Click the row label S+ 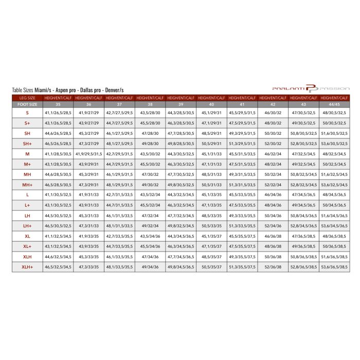tap(27, 123)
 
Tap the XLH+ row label tap(27, 267)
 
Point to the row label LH tap(27, 215)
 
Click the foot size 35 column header tap(58, 104)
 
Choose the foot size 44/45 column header tap(334, 104)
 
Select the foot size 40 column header tap(211, 104)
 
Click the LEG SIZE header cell tap(27, 97)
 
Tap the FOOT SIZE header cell tap(27, 104)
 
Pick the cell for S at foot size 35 tap(58, 113)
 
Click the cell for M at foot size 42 tap(273, 154)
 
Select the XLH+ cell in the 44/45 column tap(334, 267)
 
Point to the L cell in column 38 tap(150, 195)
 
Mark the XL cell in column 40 tap(211, 236)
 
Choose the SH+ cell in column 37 tap(119, 143)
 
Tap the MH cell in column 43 tap(303, 174)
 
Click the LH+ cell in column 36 tap(88, 226)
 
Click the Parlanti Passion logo tap(311, 88)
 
